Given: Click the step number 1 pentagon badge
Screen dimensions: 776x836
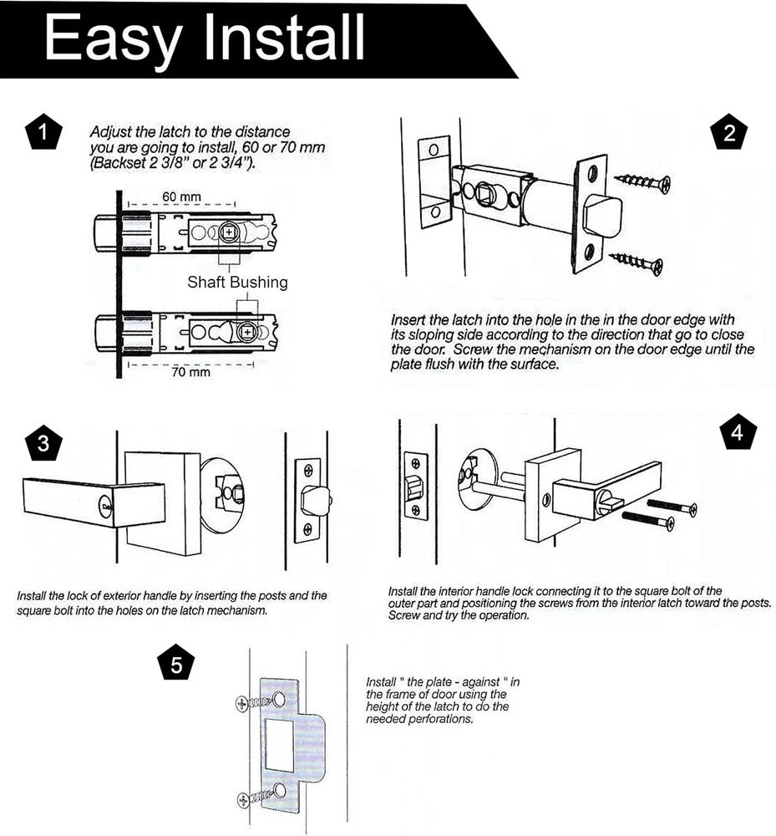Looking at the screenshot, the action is pyautogui.click(x=43, y=131).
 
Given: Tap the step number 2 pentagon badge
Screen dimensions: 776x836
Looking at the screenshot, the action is pyautogui.click(x=729, y=132).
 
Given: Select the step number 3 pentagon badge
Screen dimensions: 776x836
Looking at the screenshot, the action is pyautogui.click(x=43, y=443).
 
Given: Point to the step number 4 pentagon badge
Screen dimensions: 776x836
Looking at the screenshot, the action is pyautogui.click(x=738, y=431).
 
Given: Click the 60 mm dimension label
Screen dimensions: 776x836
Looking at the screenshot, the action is pyautogui.click(x=181, y=196).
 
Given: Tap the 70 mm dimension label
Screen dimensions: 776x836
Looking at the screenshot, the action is pyautogui.click(x=190, y=372).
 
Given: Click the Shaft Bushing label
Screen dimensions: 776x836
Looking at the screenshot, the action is pyautogui.click(x=237, y=282).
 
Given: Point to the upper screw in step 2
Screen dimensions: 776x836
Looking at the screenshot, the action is pyautogui.click(x=642, y=182).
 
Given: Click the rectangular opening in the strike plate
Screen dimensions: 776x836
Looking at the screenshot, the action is pyautogui.click(x=279, y=745).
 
